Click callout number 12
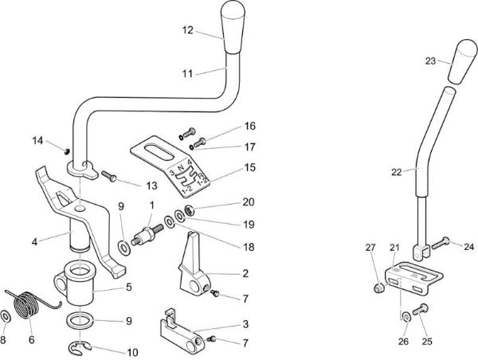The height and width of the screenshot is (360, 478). point(186,29)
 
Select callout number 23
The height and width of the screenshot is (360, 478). point(431,60)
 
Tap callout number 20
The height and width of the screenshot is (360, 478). point(248,202)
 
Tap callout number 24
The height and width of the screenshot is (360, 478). point(468,247)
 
